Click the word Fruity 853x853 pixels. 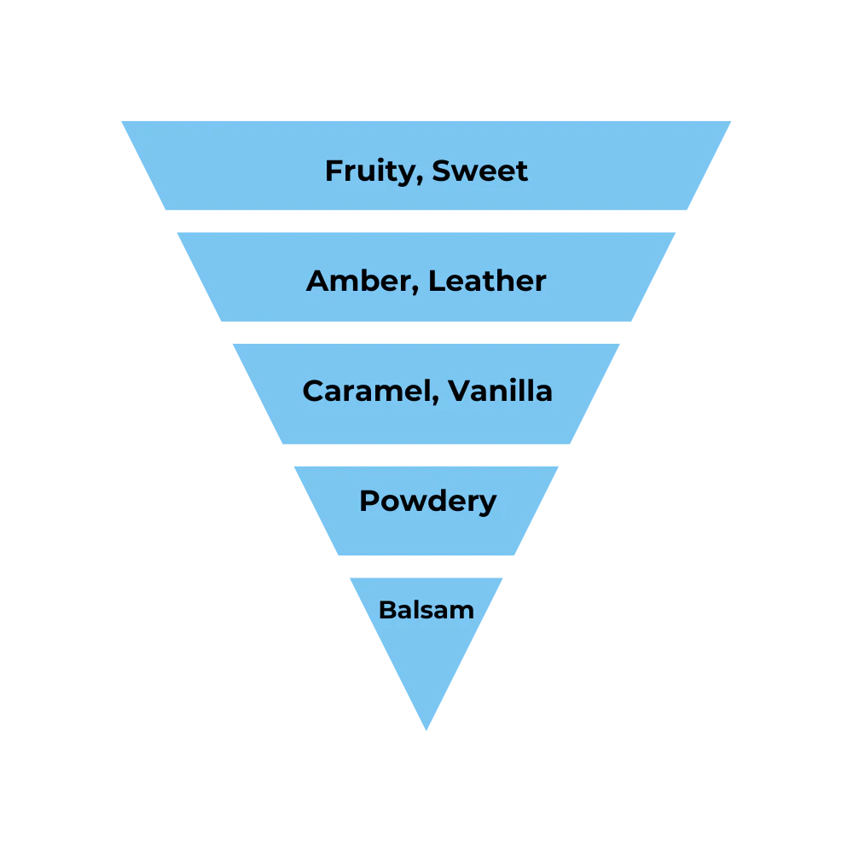[x=374, y=171]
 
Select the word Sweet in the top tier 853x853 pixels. [x=479, y=171]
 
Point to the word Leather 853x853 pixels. [x=487, y=281]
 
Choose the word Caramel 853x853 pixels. [x=368, y=391]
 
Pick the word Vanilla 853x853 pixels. [x=501, y=391]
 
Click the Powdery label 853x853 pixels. [x=427, y=501]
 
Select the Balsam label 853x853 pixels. [x=426, y=610]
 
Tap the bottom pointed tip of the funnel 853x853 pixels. [x=426, y=732]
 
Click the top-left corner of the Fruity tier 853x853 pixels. [x=119, y=119]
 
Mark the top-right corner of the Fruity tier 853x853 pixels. [x=734, y=119]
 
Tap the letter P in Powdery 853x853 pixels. [x=368, y=500]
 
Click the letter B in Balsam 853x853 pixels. [x=386, y=610]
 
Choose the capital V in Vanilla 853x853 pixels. [x=460, y=391]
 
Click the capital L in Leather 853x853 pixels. [x=435, y=281]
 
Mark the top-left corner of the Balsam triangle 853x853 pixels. [x=350, y=575]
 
